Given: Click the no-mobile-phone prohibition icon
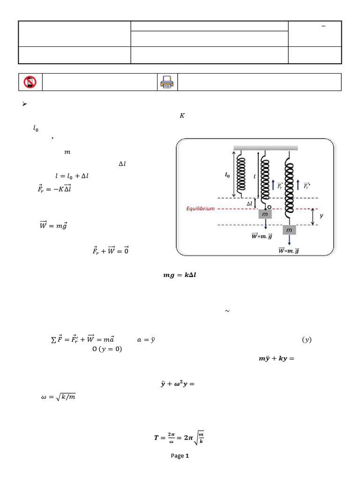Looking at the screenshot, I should point(30,82).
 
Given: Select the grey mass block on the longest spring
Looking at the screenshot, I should point(289,230).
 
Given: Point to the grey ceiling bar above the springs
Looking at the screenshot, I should point(266,148).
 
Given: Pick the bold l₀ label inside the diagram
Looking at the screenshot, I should point(227,175).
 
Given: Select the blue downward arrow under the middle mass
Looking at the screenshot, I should point(266,225).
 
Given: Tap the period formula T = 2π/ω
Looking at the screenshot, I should point(179,438).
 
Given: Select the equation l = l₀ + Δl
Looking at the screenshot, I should point(71,176).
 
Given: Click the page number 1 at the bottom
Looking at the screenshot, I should point(187,456).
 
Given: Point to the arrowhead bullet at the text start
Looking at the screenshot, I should point(25,104).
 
